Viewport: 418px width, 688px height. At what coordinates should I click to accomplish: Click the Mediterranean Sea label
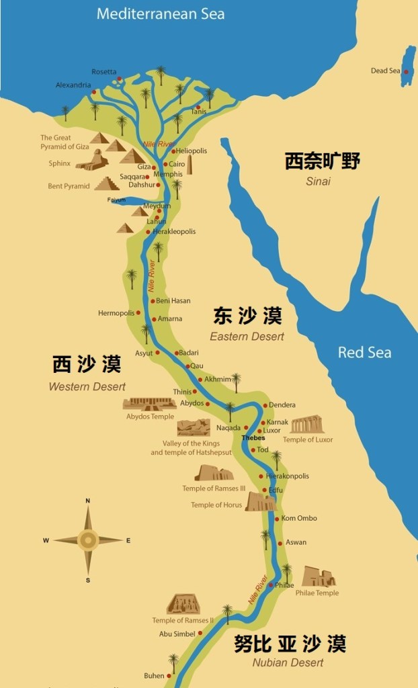[161, 13]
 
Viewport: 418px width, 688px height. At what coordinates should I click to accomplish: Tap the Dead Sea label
[385, 71]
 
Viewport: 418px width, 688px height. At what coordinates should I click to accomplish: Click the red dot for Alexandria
[94, 92]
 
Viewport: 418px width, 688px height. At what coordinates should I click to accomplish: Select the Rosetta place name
[104, 72]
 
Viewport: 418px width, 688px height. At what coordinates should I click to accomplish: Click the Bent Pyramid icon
[106, 183]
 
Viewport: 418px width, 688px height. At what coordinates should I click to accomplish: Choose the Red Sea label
[364, 353]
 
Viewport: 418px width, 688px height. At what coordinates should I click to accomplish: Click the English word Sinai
[318, 181]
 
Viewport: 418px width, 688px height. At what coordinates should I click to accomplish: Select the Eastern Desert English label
[247, 336]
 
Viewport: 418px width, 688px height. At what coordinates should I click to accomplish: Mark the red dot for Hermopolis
[138, 312]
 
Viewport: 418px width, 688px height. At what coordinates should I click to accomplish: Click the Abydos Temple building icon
[149, 404]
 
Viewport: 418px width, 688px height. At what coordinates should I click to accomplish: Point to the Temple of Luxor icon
[307, 425]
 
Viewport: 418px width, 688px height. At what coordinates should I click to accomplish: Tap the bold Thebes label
[253, 438]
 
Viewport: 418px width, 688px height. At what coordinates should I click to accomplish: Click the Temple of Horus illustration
[260, 501]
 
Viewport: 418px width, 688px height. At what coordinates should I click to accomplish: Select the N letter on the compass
[88, 501]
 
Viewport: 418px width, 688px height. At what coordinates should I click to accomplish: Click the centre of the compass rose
[88, 539]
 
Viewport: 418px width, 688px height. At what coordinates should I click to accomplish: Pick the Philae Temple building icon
[318, 577]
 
